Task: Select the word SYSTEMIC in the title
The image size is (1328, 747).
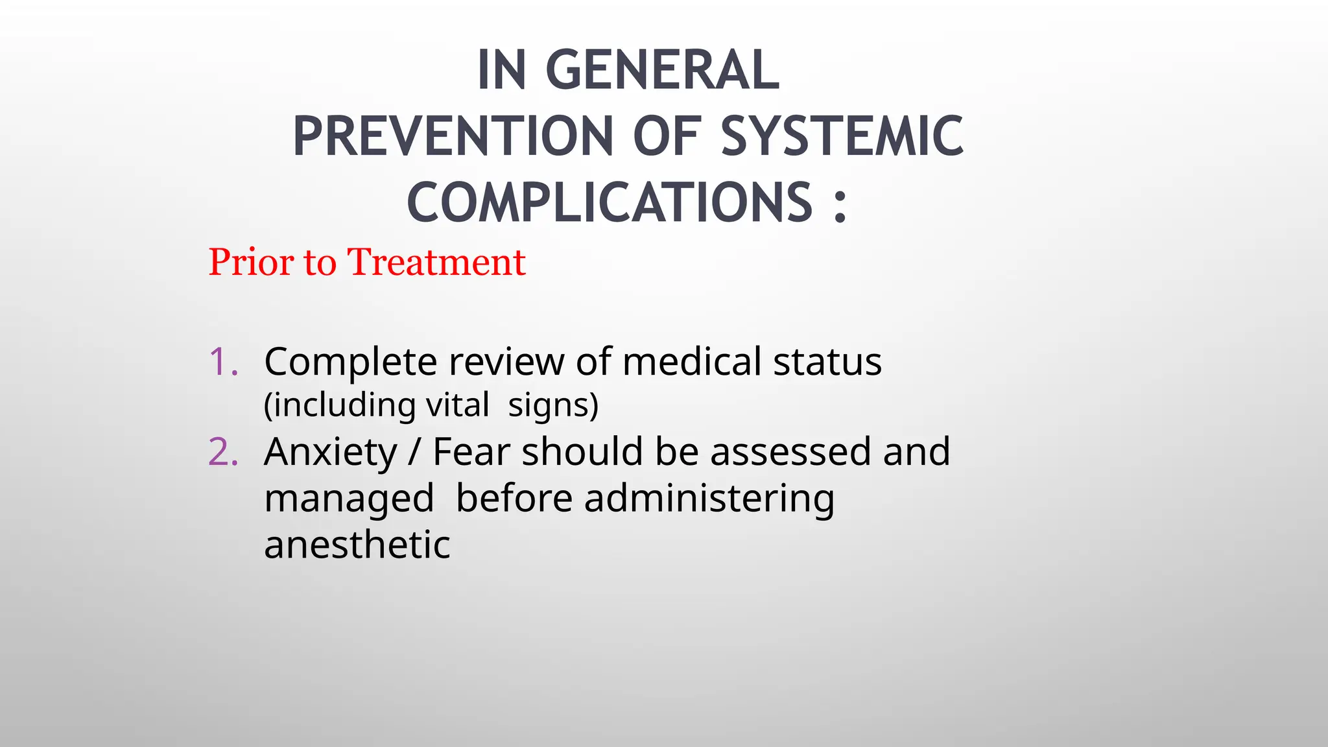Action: tap(842, 137)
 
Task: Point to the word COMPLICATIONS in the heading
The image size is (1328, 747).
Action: tap(609, 203)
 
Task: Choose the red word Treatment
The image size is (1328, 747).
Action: tap(436, 263)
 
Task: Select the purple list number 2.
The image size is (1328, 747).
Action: tap(223, 452)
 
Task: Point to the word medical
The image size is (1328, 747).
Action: tap(692, 362)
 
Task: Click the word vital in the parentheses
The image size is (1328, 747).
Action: tap(457, 406)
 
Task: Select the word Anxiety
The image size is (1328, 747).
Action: tap(331, 453)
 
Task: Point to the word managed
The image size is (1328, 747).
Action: tap(349, 500)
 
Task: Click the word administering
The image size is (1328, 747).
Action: tap(709, 500)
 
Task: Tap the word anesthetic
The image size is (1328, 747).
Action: tap(357, 545)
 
